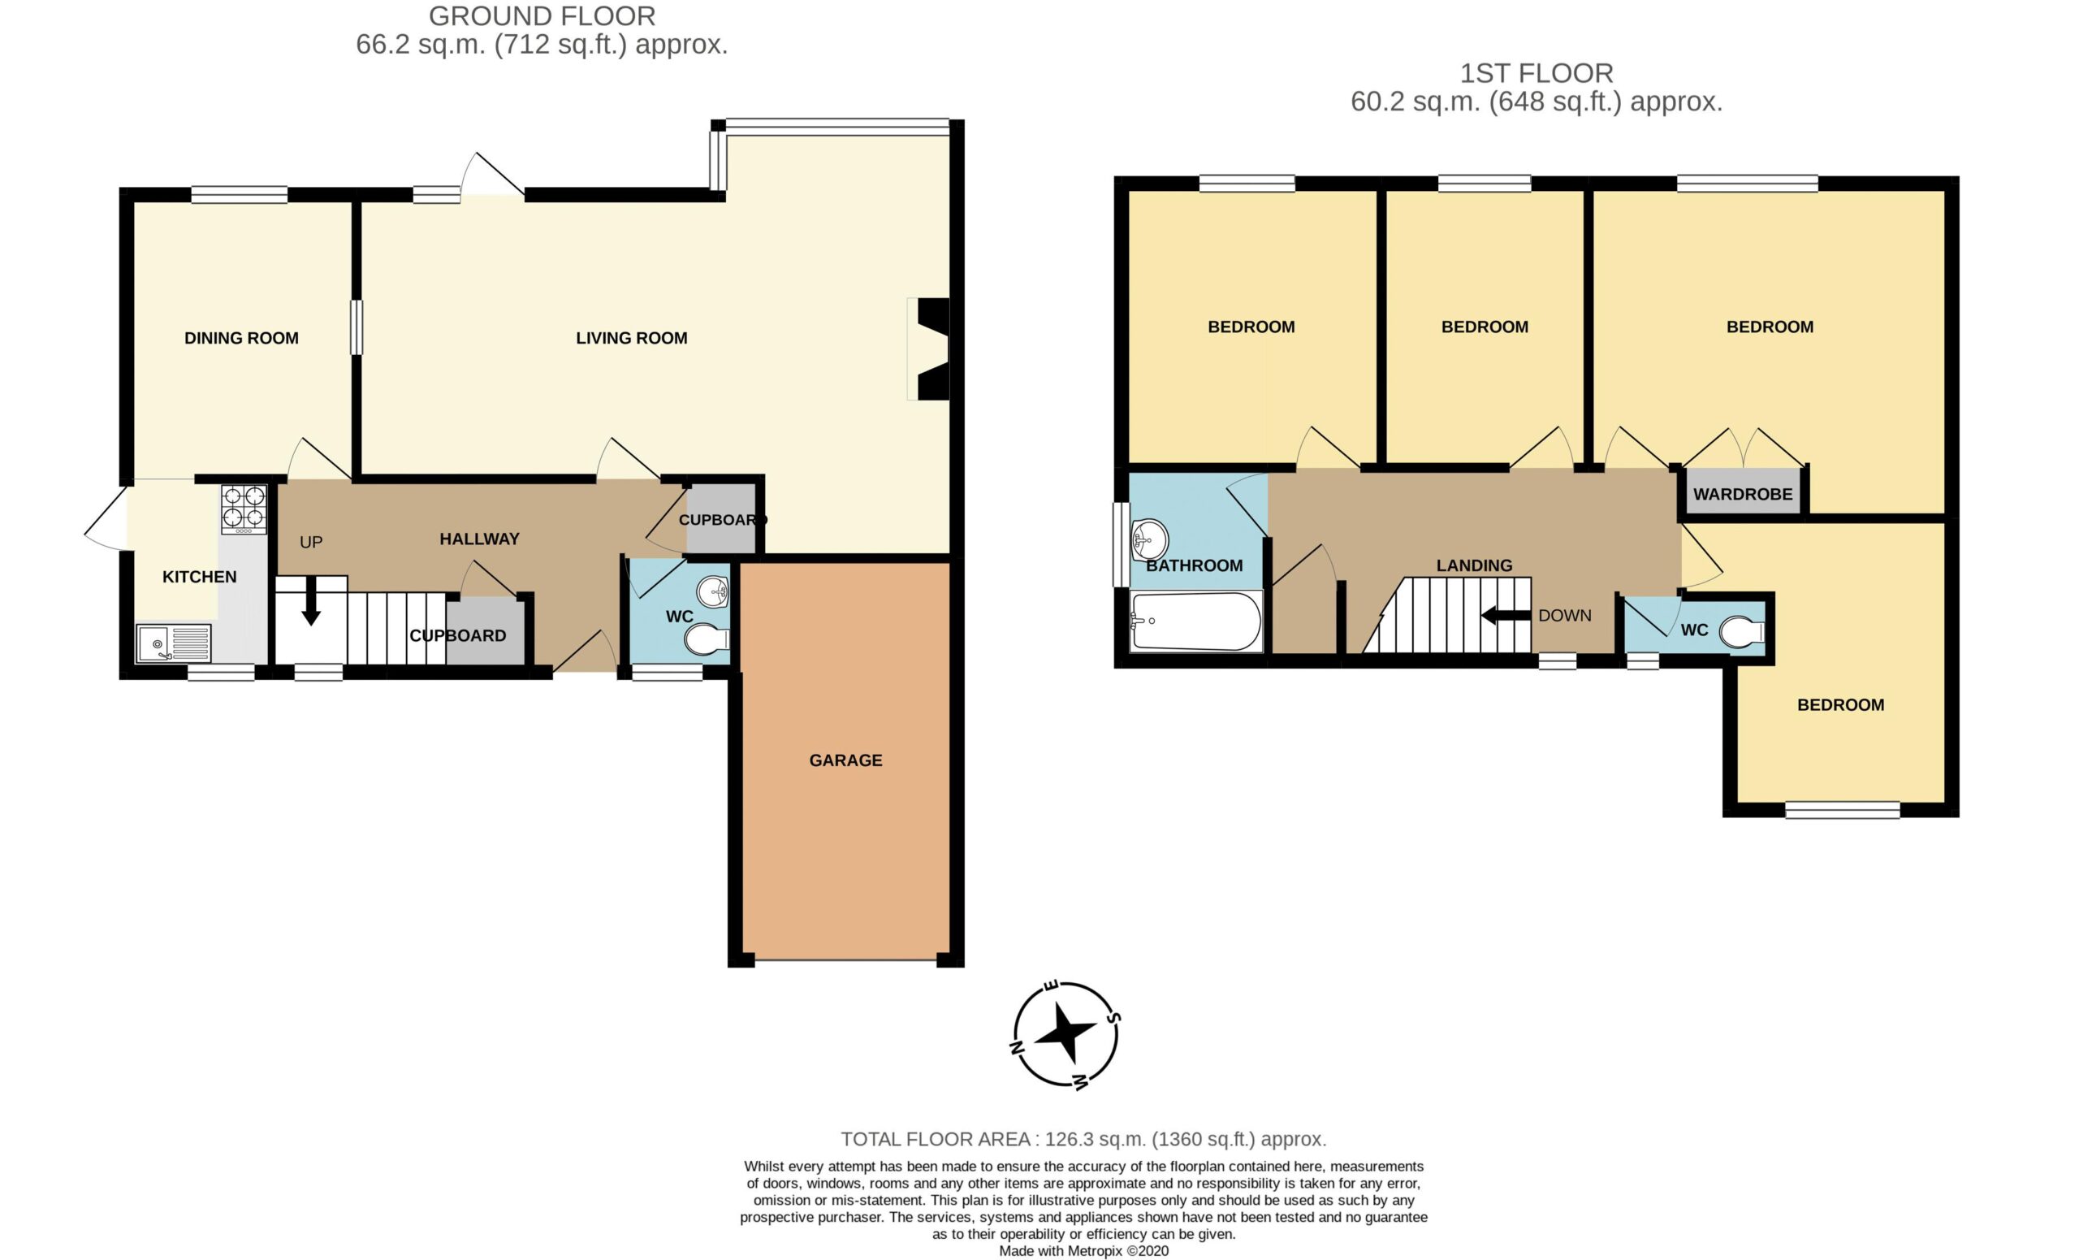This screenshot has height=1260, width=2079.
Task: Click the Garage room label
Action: pos(845,760)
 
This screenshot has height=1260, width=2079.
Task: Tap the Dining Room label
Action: pos(241,339)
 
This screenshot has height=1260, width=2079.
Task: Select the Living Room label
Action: pos(631,339)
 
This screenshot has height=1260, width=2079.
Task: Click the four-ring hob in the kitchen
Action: pos(244,509)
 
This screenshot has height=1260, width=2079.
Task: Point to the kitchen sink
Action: pos(174,644)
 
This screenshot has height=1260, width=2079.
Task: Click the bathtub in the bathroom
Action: pos(1195,621)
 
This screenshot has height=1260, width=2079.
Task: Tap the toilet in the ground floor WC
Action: pos(707,639)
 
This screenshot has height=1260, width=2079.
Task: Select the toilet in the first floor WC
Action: pos(1741,631)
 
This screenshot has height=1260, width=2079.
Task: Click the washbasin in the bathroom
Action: pos(1149,539)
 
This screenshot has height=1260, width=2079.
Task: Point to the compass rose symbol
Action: pos(1065,1035)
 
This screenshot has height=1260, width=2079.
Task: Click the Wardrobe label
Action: pos(1742,495)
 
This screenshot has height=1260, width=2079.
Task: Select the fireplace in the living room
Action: pos(930,349)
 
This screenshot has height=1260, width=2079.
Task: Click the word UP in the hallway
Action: pos(311,543)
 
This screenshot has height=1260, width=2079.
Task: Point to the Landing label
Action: pos(1474,565)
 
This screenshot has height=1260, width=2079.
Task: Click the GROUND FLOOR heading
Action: pos(542,16)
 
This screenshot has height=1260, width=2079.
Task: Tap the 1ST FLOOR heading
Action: pos(1537,73)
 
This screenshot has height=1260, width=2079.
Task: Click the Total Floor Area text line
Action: pos(1083,1139)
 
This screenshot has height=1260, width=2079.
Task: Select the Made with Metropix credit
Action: pos(1083,1251)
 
